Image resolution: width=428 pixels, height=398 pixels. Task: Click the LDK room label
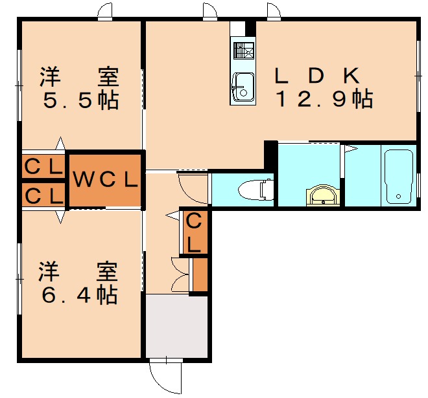[316, 76]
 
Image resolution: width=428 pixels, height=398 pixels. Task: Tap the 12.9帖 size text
[324, 99]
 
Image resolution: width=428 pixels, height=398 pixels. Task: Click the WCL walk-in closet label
[105, 179]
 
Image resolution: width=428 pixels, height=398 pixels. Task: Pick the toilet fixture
[254, 190]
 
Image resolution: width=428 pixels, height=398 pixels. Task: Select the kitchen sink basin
[243, 83]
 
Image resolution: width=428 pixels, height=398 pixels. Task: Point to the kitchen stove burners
[243, 50]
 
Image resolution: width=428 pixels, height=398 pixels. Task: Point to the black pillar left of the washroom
[270, 155]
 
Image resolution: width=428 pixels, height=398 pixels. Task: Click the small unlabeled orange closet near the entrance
[200, 274]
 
